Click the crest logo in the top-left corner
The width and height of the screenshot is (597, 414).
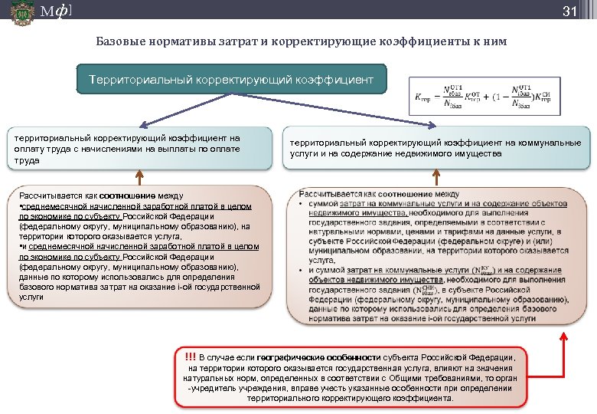pyautogui.click(x=22, y=12)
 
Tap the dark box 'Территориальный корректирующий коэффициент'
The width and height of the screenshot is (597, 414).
pyautogui.click(x=231, y=80)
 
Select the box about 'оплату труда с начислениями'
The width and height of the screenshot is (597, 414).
pyautogui.click(x=139, y=149)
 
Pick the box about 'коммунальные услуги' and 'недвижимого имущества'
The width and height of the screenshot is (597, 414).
pyautogui.click(x=436, y=148)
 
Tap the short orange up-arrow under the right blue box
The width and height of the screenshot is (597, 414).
pyautogui.click(x=436, y=178)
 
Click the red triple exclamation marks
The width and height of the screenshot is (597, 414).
pyautogui.click(x=190, y=356)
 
